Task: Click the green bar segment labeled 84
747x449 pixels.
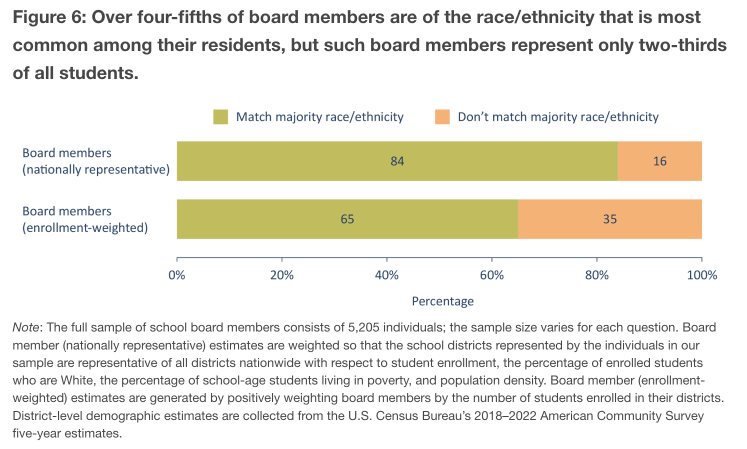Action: [397, 161]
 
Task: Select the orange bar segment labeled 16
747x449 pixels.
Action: [659, 161]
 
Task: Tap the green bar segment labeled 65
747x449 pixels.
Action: [347, 219]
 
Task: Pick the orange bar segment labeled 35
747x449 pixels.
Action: [609, 219]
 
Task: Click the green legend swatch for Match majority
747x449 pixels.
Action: [220, 117]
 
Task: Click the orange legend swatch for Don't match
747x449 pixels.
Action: [442, 117]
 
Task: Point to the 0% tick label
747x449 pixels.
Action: [177, 275]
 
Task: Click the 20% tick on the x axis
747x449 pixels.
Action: [282, 275]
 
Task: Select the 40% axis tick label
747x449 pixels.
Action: [387, 275]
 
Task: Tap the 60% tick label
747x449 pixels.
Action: [492, 275]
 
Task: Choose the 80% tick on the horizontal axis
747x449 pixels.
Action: [597, 275]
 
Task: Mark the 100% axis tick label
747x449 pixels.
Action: [702, 275]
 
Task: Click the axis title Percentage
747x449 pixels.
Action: [442, 301]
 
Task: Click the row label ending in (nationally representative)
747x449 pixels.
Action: [96, 161]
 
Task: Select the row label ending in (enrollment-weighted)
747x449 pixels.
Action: [85, 219]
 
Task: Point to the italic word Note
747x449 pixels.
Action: [26, 327]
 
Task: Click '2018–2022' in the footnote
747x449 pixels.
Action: [506, 416]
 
